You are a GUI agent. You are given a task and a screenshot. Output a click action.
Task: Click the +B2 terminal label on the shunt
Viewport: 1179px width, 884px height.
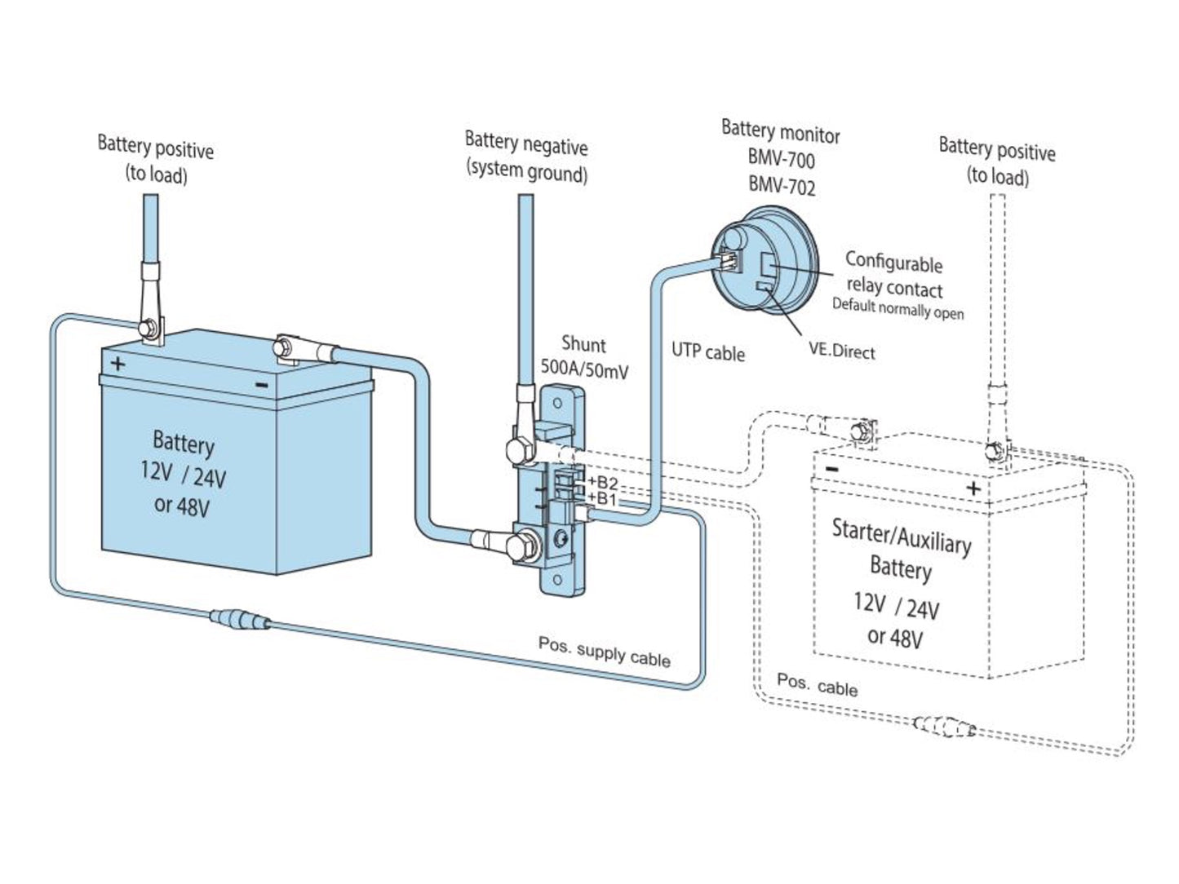(x=603, y=481)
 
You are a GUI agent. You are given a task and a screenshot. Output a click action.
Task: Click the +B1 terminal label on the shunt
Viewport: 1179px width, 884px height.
(x=601, y=498)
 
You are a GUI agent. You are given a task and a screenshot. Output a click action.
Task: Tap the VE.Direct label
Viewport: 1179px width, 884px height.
(x=842, y=352)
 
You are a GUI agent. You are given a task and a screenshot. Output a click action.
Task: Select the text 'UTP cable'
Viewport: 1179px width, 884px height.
(x=708, y=352)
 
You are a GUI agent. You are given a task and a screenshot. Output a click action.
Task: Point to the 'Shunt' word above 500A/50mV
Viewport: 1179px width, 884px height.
(x=583, y=345)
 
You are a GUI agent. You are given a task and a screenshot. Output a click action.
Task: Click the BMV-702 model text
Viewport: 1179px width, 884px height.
(x=782, y=186)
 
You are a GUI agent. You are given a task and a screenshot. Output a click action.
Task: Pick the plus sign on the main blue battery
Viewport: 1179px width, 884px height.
(x=117, y=364)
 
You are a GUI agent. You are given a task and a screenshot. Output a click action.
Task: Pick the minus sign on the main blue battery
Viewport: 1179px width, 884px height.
(x=262, y=385)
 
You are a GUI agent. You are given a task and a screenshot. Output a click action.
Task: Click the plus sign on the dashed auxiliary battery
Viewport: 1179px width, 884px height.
(x=973, y=488)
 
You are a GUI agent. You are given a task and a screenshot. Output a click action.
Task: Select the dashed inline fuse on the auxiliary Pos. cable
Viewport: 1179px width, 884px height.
(x=944, y=726)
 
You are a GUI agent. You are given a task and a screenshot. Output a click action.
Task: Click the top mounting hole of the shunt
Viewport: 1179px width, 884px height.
(x=557, y=403)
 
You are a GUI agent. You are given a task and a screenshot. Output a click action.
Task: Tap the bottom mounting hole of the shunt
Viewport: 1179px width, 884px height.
(x=557, y=580)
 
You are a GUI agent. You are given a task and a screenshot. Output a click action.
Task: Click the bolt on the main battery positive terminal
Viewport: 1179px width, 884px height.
(x=146, y=328)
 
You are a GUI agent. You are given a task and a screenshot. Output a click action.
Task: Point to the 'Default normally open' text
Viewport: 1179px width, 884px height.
(x=898, y=308)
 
